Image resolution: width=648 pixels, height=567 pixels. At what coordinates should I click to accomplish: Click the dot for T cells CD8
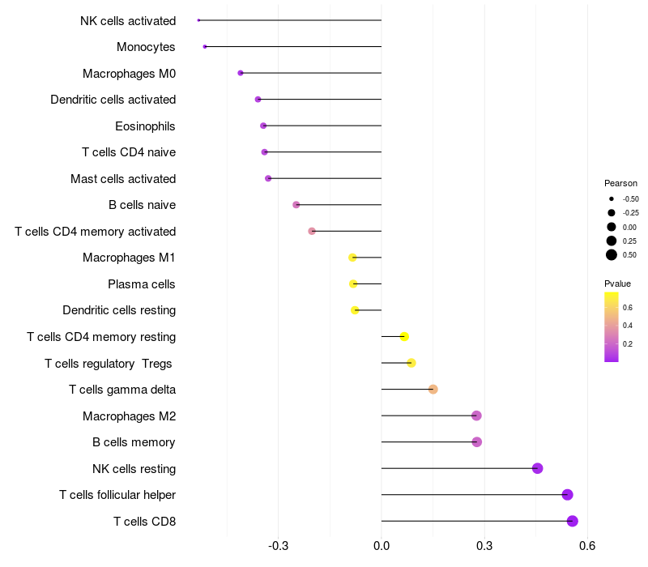point(573,521)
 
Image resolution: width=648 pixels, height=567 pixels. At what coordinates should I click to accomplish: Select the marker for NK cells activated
point(198,20)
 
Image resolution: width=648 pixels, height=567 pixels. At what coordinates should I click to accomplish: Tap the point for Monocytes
point(205,47)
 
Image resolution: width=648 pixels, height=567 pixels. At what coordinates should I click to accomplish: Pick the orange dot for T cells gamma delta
point(433,390)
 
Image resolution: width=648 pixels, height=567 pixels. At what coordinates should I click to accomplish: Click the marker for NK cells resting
point(537,468)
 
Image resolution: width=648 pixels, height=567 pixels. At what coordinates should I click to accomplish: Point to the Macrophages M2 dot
point(476,416)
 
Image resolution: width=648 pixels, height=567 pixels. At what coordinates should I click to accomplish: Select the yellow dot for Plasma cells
point(353,284)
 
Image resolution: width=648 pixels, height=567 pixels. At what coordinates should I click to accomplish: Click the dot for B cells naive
point(296,205)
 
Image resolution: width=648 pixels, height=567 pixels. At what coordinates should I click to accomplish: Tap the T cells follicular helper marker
point(567,495)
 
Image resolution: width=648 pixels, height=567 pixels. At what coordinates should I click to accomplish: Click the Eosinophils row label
point(145,126)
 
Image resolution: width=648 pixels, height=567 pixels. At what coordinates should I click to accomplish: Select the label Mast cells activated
point(123,179)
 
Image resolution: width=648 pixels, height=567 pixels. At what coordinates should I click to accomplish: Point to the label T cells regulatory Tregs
point(109,364)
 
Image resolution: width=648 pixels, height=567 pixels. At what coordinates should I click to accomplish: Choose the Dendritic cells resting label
point(119,310)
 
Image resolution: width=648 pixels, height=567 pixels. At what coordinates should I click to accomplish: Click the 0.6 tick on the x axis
point(587,545)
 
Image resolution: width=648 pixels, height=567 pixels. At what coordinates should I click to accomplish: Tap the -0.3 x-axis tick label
point(278,545)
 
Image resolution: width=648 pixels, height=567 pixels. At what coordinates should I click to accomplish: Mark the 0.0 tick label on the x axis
point(382,545)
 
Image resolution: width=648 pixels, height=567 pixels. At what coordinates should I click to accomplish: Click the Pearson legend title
point(620,183)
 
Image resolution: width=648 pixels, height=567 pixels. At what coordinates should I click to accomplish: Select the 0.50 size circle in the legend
point(611,255)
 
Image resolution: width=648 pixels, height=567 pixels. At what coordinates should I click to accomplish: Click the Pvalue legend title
point(617,283)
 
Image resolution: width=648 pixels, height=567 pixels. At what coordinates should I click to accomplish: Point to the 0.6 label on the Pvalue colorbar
point(628,308)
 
